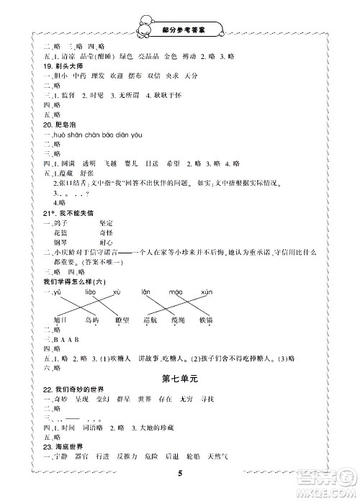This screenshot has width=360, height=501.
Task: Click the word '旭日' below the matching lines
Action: point(60,320)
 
